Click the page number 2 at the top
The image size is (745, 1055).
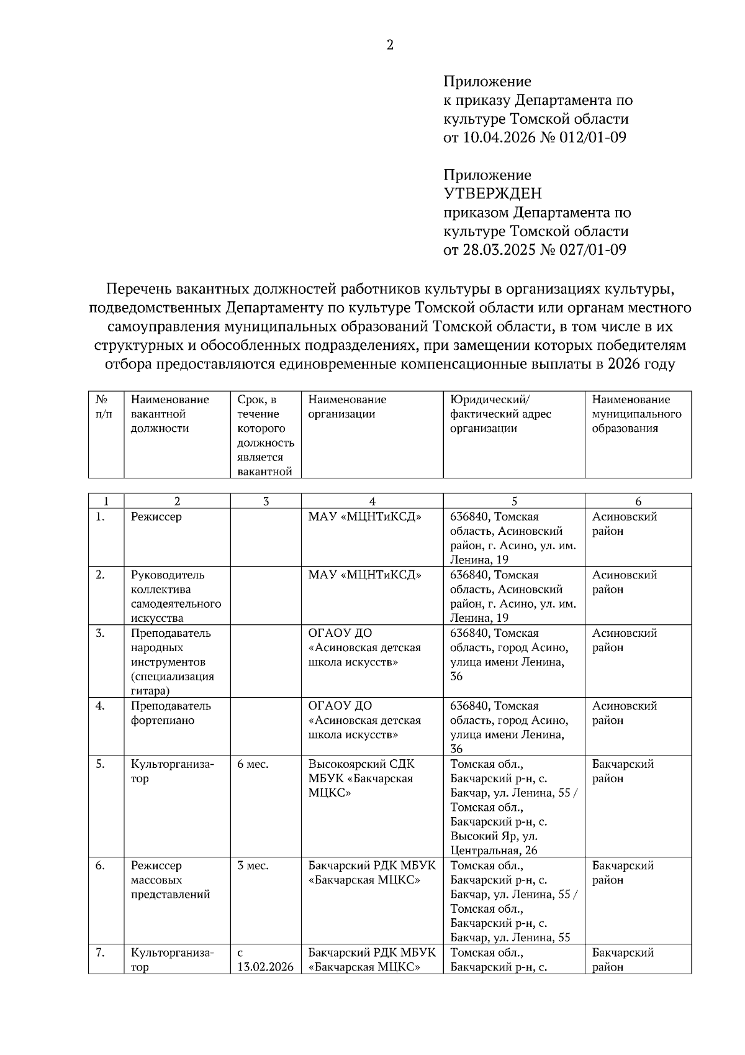(x=390, y=45)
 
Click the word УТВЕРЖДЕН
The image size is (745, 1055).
(x=492, y=194)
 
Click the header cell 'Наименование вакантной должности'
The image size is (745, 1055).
(x=170, y=414)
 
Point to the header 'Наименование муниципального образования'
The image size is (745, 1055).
(x=636, y=414)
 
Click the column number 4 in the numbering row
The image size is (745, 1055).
(x=372, y=501)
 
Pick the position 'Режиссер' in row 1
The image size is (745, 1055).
(x=156, y=517)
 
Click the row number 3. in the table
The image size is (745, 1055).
(x=100, y=633)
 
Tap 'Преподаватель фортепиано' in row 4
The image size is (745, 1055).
(x=171, y=713)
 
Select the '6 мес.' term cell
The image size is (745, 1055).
(x=253, y=764)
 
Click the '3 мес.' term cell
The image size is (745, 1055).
(x=253, y=865)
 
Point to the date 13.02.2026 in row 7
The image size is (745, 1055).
(x=265, y=967)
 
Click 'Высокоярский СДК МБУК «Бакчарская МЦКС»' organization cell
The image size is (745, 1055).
(x=361, y=779)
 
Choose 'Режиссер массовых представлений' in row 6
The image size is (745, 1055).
(x=170, y=880)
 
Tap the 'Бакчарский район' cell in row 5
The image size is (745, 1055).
(x=623, y=771)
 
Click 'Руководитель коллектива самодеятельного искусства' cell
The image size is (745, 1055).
(x=176, y=596)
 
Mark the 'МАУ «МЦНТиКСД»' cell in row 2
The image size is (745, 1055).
(x=364, y=575)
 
